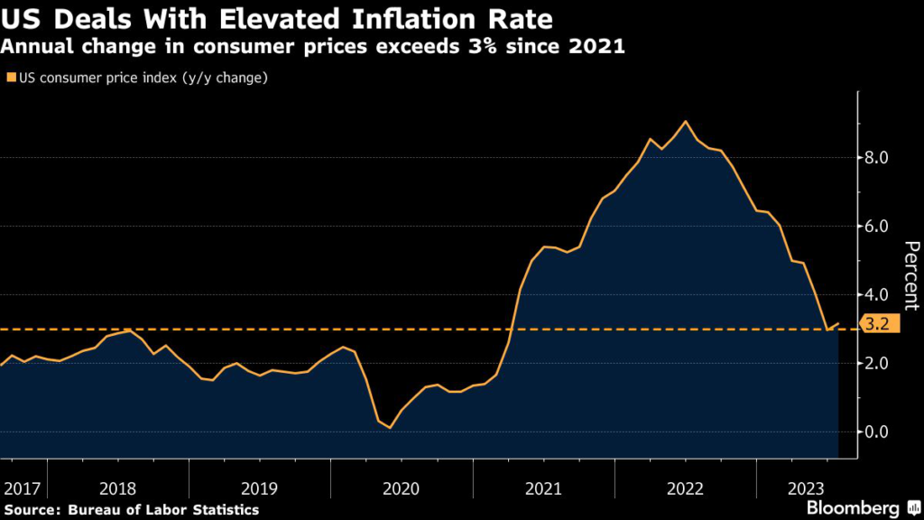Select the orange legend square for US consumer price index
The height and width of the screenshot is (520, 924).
[10, 78]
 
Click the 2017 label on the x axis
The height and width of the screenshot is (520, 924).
[22, 488]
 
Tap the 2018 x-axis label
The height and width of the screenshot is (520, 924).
[118, 488]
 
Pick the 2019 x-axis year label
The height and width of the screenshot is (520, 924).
[260, 488]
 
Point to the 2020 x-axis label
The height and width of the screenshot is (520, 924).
[402, 488]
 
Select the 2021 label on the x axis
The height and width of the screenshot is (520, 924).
[543, 488]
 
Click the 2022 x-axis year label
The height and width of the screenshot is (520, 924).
[685, 488]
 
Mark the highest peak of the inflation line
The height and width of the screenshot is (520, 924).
[686, 121]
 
